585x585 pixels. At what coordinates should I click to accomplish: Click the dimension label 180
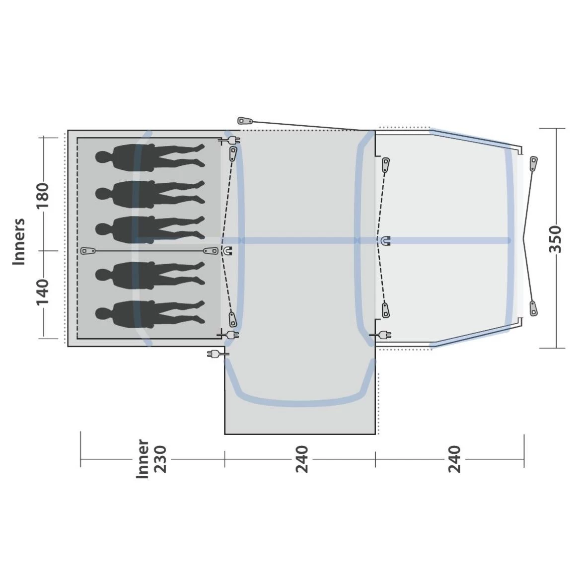[x=43, y=196]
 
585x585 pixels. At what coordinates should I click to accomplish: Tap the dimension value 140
[x=43, y=292]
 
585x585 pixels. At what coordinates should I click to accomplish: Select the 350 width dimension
[x=555, y=239]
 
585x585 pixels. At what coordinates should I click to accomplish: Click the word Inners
[x=19, y=242]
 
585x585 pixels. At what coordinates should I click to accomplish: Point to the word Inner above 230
[x=143, y=459]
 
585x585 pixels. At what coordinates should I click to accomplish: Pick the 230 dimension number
[x=160, y=459]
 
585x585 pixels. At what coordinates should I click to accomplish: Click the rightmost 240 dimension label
[x=454, y=459]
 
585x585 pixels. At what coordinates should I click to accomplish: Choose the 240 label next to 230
[x=302, y=459]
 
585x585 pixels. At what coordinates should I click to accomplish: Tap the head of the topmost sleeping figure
[x=103, y=157]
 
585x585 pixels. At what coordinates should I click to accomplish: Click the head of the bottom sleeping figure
[x=103, y=314]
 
